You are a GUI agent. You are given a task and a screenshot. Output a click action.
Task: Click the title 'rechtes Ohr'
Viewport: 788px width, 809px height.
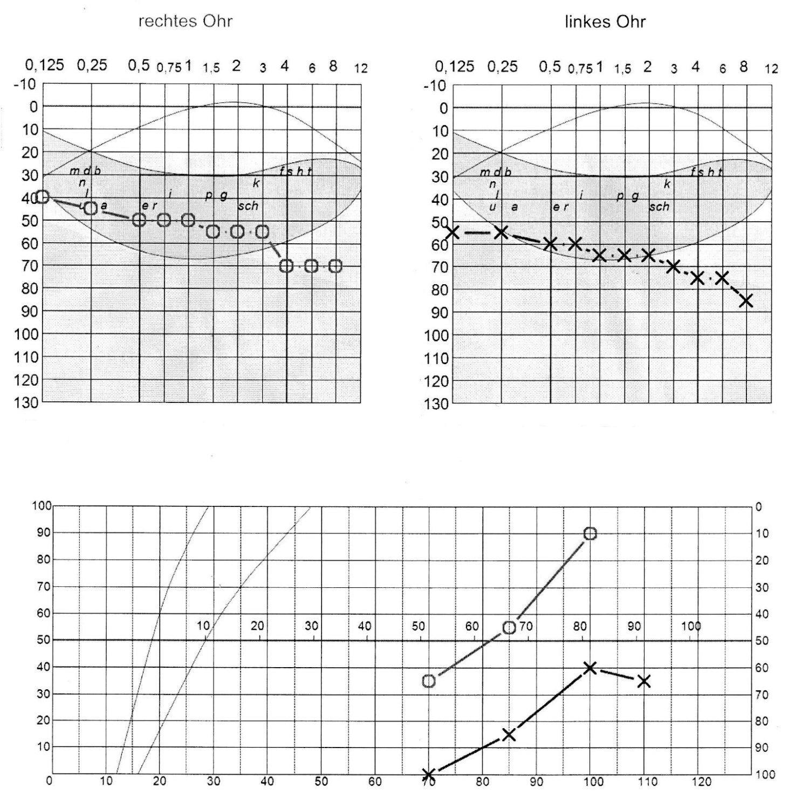pos(186,21)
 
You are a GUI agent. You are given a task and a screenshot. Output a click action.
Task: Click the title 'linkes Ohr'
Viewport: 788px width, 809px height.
pos(605,22)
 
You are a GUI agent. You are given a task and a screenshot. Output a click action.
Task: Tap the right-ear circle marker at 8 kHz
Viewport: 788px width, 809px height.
pos(335,266)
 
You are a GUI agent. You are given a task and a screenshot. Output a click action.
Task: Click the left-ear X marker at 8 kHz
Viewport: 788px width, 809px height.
pos(746,301)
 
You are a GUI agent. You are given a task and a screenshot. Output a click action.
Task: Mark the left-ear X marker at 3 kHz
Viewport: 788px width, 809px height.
pos(673,266)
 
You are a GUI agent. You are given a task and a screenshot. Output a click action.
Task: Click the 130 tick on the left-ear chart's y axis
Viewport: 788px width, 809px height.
pos(437,403)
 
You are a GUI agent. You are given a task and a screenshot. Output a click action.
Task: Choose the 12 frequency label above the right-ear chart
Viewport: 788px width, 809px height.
pos(360,68)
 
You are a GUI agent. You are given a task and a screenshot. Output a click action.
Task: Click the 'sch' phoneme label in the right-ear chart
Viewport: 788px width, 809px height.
pos(248,206)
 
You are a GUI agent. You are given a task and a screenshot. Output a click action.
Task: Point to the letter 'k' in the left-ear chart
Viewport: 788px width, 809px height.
pos(667,184)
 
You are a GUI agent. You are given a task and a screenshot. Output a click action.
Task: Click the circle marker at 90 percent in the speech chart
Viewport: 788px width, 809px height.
pos(590,533)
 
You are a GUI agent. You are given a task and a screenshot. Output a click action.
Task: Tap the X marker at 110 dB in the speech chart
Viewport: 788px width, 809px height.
pos(643,682)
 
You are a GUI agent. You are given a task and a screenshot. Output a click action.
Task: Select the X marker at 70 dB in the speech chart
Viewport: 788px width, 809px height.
pos(429,774)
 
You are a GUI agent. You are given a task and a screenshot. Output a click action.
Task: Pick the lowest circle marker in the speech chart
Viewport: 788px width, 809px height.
pos(429,681)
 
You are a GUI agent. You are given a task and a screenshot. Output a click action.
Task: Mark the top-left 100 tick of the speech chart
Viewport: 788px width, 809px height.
pos(42,506)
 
